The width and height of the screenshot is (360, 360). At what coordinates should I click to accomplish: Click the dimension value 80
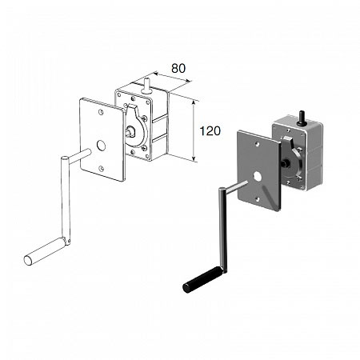178,69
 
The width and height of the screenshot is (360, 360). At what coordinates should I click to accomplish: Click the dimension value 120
210,131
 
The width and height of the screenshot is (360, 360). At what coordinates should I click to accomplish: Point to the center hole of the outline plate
101,146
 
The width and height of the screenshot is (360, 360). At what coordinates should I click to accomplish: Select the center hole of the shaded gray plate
258,176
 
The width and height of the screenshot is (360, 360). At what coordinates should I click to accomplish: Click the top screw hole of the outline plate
101,112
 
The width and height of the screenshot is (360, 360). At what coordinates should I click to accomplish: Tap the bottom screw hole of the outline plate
101,168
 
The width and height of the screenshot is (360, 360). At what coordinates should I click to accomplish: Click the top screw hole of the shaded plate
257,144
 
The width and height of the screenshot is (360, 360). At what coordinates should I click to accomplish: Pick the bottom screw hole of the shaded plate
258,199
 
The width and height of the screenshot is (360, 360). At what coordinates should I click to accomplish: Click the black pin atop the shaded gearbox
302,118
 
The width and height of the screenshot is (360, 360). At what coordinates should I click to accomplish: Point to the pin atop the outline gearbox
146,86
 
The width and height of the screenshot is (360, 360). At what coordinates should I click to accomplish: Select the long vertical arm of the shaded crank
222,230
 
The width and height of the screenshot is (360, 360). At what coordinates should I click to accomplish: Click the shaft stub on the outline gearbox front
130,131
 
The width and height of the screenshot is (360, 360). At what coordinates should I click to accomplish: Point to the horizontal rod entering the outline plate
79,156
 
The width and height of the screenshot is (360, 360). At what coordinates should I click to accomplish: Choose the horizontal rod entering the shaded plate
237,186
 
